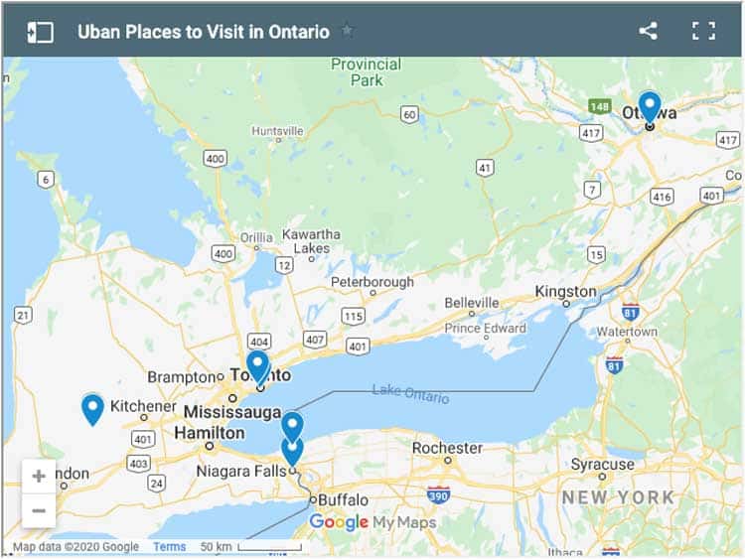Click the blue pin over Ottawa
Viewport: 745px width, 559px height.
click(x=649, y=105)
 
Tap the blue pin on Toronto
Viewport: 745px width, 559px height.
click(x=257, y=364)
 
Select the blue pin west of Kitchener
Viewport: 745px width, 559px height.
click(x=92, y=407)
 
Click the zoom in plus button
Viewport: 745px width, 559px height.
click(x=39, y=476)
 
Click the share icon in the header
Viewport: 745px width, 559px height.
click(x=648, y=31)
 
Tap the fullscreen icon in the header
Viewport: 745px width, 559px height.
click(x=703, y=31)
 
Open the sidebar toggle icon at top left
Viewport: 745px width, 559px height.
click(x=40, y=31)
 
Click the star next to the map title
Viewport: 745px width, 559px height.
click(x=347, y=31)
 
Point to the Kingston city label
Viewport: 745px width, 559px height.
click(x=565, y=291)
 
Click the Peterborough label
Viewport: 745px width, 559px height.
click(x=372, y=282)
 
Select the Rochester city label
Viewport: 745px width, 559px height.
click(x=447, y=448)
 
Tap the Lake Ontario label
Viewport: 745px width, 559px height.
click(x=410, y=393)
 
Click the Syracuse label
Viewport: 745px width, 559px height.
click(x=602, y=464)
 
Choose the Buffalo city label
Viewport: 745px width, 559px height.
click(x=344, y=499)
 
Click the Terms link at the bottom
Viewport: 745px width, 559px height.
click(x=169, y=547)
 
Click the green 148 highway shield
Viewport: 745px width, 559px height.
click(x=599, y=105)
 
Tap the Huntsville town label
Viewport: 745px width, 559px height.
click(x=277, y=131)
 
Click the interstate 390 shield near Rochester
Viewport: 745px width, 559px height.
click(x=438, y=493)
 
